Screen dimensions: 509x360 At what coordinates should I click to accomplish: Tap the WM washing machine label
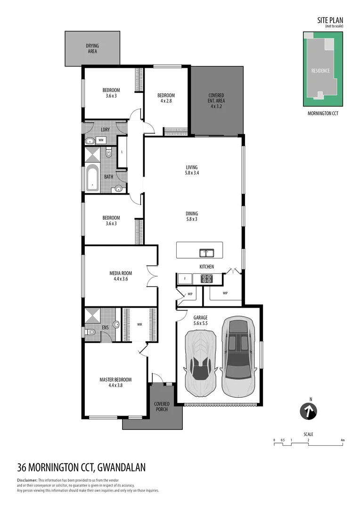(x=101, y=140)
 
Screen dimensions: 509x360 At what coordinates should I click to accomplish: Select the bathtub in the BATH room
(x=92, y=178)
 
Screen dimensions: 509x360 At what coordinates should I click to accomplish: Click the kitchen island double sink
(x=206, y=253)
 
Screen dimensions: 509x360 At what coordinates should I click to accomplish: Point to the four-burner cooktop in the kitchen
(x=206, y=278)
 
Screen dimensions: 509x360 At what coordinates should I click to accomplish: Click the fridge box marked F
(x=185, y=279)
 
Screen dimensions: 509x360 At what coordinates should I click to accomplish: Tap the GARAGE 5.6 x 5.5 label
(x=200, y=320)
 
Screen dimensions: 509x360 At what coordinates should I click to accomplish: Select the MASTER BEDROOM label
(x=115, y=382)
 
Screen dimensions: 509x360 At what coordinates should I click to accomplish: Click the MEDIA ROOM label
(x=121, y=276)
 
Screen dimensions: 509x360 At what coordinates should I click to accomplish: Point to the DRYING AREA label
(x=92, y=48)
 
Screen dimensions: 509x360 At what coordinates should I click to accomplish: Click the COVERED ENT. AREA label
(x=216, y=101)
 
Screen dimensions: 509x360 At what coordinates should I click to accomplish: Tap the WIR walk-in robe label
(x=139, y=324)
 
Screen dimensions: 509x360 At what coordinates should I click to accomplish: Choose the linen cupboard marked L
(x=122, y=152)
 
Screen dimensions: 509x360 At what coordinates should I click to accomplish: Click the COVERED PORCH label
(x=162, y=407)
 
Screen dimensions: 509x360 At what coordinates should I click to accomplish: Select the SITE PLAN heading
(x=329, y=20)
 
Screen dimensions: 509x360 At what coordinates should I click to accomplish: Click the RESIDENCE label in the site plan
(x=320, y=71)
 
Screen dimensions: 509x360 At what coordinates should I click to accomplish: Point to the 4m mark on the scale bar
(x=343, y=440)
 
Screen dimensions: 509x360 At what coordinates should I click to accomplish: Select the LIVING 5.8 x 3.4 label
(x=191, y=170)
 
